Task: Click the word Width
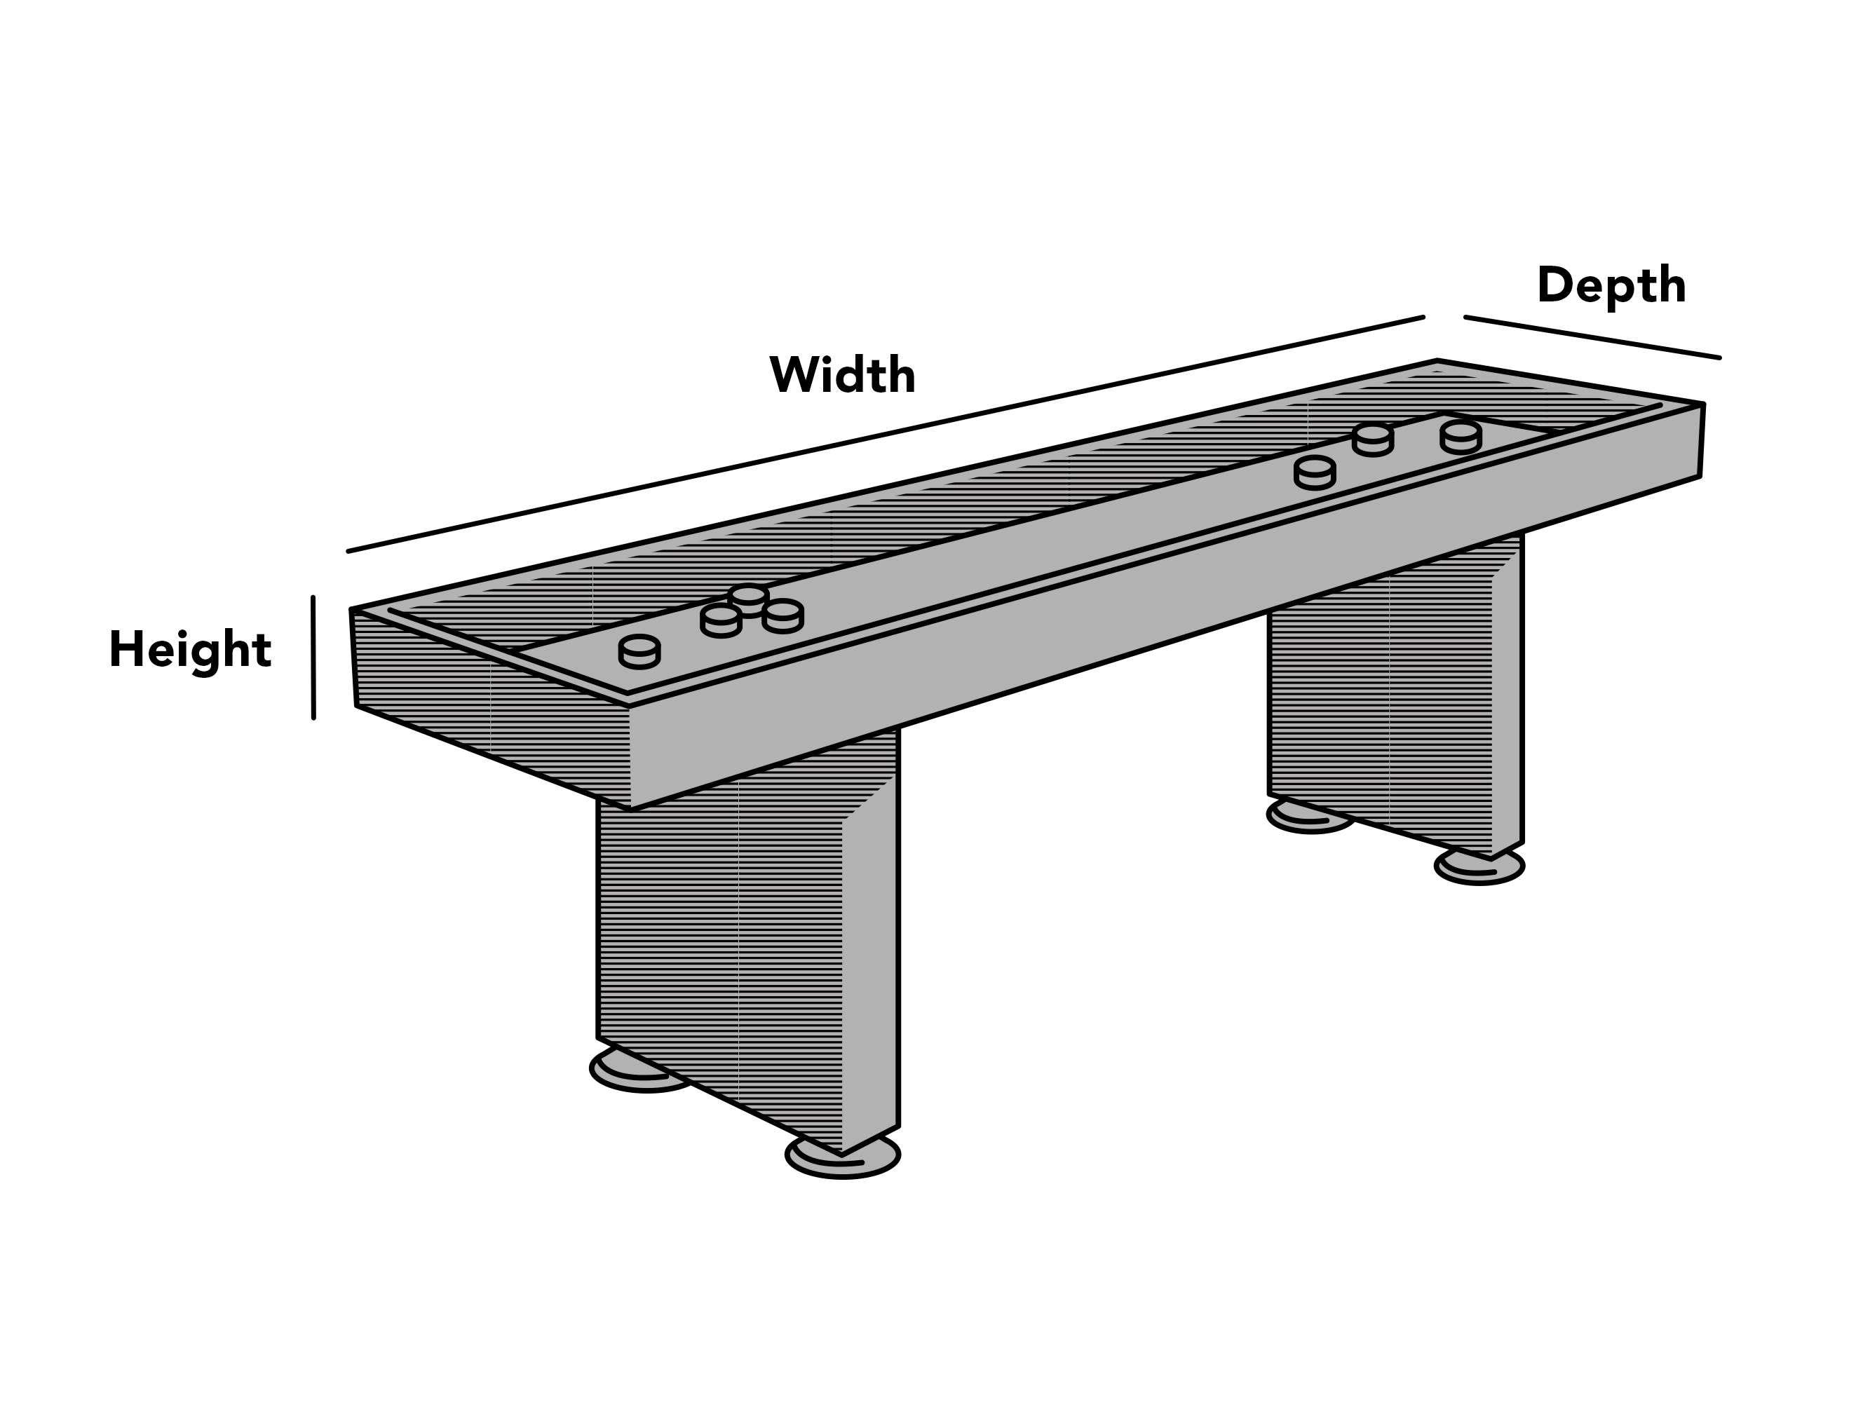pos(842,374)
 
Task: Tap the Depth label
pos(1611,285)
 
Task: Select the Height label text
pos(190,649)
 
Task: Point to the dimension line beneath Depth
pos(1591,337)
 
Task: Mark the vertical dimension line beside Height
pos(313,658)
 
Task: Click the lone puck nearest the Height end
pos(639,651)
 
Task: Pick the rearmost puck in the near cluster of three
pos(748,599)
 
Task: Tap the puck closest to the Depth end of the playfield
pos(1461,437)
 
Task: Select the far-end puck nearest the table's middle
pos(1315,472)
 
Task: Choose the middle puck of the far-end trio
pos(1372,440)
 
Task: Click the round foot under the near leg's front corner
pos(843,1157)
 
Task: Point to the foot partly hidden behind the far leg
pos(1302,817)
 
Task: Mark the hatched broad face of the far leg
pos(1378,710)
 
